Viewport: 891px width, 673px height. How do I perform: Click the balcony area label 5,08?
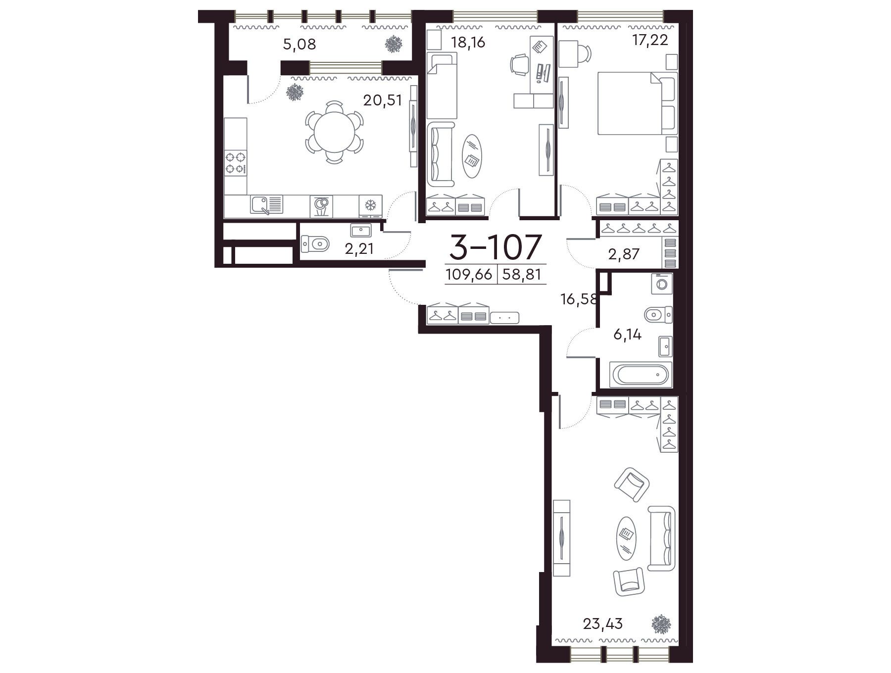coord(299,45)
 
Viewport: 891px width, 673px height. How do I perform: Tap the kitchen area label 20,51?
coord(383,100)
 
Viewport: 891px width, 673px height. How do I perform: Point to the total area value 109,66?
coord(469,274)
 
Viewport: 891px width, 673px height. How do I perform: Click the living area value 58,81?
coord(521,274)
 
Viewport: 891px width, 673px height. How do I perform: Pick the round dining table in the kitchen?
coord(335,132)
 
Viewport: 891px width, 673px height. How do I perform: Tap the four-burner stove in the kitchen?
coord(236,163)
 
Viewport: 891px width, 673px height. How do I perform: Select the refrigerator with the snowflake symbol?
coord(370,206)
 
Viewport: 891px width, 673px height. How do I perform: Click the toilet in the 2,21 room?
coord(315,243)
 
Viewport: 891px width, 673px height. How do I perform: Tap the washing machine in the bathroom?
coord(662,284)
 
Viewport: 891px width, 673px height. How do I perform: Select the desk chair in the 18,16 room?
coord(519,65)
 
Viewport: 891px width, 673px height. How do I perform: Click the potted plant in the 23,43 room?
coord(661,625)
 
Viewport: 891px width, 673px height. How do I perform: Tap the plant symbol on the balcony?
coord(394,44)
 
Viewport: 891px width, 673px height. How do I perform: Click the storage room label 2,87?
coord(624,254)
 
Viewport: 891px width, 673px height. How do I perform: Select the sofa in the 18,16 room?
coord(440,155)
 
